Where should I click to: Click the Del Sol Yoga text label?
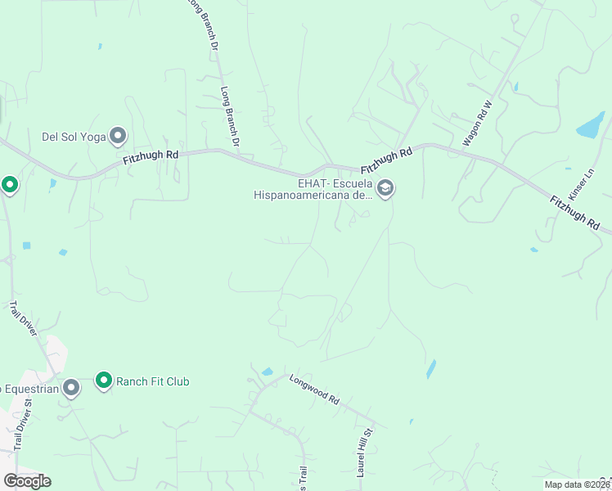(74, 137)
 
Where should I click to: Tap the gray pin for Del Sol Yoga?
(119, 135)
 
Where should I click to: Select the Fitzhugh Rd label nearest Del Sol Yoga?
(151, 157)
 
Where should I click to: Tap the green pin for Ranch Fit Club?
(104, 381)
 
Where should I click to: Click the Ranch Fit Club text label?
(153, 381)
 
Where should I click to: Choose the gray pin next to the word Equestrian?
(71, 388)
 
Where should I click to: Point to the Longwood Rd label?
(314, 390)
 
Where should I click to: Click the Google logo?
(27, 480)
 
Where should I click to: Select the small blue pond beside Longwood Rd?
(267, 372)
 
